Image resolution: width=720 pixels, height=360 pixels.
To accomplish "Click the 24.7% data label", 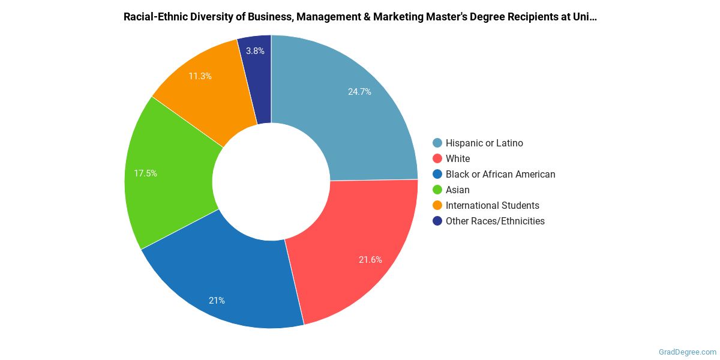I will coord(359,92).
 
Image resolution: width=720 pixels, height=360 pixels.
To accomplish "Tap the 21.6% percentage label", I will coord(370,260).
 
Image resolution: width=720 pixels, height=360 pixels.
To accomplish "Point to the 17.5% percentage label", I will coord(145,173).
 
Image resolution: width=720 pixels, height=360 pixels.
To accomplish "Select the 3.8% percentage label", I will coord(255,51).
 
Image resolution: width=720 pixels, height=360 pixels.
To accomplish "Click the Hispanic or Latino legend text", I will coord(484,143).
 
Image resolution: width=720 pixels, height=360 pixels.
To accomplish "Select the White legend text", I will coord(458,158).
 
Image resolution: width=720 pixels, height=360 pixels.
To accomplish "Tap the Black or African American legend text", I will coord(500,174).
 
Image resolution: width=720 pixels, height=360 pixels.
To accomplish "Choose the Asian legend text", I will coord(458,190).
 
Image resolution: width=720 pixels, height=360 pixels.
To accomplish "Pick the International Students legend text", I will coord(493,205).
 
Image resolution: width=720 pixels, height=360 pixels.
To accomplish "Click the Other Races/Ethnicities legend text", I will coord(495,221).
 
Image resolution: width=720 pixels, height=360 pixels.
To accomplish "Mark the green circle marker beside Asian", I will coord(437,190).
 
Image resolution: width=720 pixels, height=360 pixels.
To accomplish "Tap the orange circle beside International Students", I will coord(437,205).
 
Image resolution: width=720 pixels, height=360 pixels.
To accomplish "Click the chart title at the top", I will coord(360,17).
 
